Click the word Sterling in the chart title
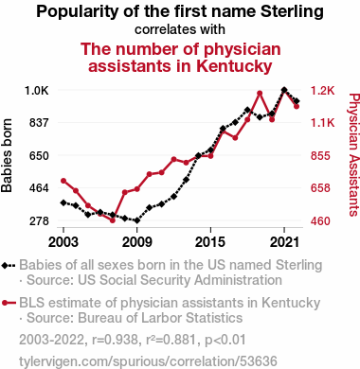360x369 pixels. coord(292,12)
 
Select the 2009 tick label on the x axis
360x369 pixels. coord(137,242)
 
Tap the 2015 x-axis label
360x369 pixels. coord(210,242)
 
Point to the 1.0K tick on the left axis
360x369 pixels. coord(37,91)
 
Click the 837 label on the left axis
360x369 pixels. coord(39,122)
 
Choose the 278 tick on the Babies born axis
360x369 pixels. coord(39,221)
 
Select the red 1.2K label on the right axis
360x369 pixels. coord(322,91)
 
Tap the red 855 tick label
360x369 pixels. coord(320,156)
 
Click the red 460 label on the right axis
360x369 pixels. coord(320,221)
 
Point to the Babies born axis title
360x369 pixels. coord(7,156)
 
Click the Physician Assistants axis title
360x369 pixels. coord(354,154)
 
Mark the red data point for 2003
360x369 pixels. coord(63,181)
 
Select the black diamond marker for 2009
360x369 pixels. coord(137,220)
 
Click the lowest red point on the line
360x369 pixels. coord(113,220)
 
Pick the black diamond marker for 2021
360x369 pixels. coord(284,90)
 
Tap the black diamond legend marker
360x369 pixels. coord(9,265)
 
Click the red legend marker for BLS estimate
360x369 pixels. coord(9,303)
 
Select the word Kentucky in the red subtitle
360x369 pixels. coord(234,66)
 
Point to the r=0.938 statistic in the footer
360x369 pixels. coord(115,340)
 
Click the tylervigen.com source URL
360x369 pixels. coord(148,361)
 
